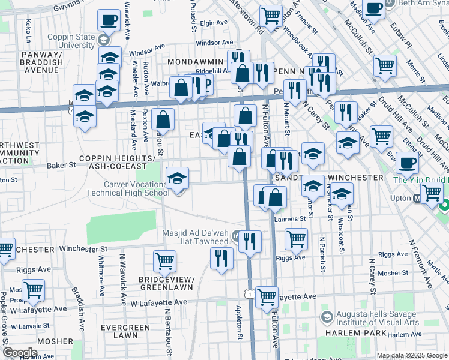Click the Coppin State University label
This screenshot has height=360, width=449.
(68, 41)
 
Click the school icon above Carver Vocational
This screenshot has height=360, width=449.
(178, 179)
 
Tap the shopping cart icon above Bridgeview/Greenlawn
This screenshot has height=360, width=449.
(164, 261)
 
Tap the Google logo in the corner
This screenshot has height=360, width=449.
(20, 352)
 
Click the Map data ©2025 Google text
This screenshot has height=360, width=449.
(411, 355)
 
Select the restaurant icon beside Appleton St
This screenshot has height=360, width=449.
(222, 259)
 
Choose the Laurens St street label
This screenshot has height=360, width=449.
(289, 219)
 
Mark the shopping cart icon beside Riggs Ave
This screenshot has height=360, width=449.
(296, 239)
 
